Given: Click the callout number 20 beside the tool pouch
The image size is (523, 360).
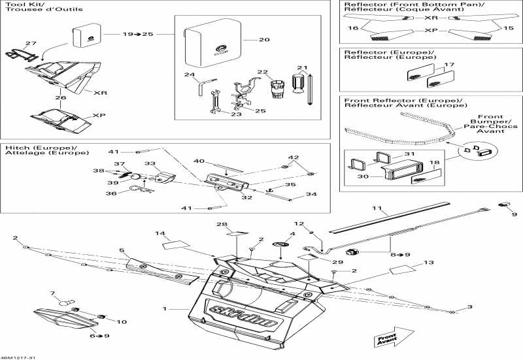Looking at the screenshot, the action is (264, 40).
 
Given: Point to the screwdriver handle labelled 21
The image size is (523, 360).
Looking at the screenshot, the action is (298, 84).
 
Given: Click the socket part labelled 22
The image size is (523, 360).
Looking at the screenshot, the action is (277, 89).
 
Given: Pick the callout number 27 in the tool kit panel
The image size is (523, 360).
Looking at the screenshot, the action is (31, 43).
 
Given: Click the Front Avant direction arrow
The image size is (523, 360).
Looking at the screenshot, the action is (394, 337).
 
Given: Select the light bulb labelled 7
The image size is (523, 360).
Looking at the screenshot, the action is (67, 303).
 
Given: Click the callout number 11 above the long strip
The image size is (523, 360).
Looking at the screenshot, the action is (377, 208).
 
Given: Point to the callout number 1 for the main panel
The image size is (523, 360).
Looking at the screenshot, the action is (165, 309).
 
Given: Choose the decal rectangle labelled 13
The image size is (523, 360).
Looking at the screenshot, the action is (403, 269).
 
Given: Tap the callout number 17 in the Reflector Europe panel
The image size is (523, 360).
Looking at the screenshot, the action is (449, 65).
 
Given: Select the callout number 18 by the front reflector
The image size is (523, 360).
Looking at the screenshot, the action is (434, 163).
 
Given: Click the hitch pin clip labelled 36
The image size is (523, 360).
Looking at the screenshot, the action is (142, 189).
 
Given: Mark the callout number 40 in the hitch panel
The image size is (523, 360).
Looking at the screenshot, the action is (199, 161).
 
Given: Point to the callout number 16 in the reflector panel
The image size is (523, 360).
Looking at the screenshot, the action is (353, 28).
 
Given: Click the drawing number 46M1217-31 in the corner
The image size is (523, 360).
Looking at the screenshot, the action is (18, 357).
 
